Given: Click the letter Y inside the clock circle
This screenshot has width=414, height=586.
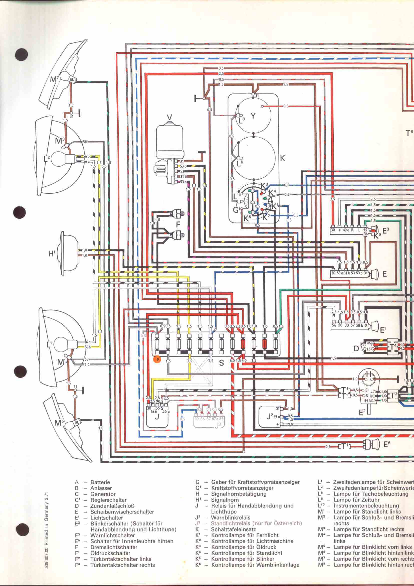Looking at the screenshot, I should point(253,116).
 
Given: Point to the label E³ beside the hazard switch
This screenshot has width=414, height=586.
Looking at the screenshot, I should point(386,230).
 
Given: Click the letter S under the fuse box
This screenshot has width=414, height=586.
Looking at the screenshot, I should point(222,363).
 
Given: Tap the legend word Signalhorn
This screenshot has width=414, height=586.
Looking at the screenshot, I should point(225,500).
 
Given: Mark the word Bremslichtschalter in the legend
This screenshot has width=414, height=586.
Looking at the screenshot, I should point(114,547).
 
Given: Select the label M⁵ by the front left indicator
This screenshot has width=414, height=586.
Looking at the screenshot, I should point(58,423).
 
